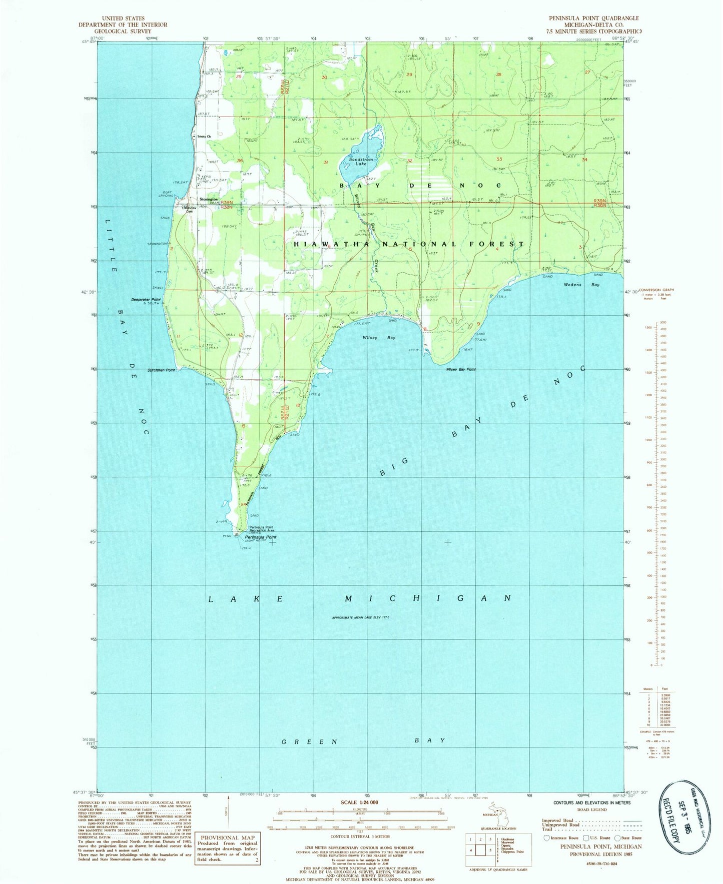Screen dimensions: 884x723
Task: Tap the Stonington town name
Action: [x=208, y=199]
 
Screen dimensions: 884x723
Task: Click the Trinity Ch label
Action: [x=204, y=136]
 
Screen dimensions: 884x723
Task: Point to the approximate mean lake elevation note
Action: [x=360, y=618]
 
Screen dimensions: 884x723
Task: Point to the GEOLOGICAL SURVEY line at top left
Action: [x=123, y=30]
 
